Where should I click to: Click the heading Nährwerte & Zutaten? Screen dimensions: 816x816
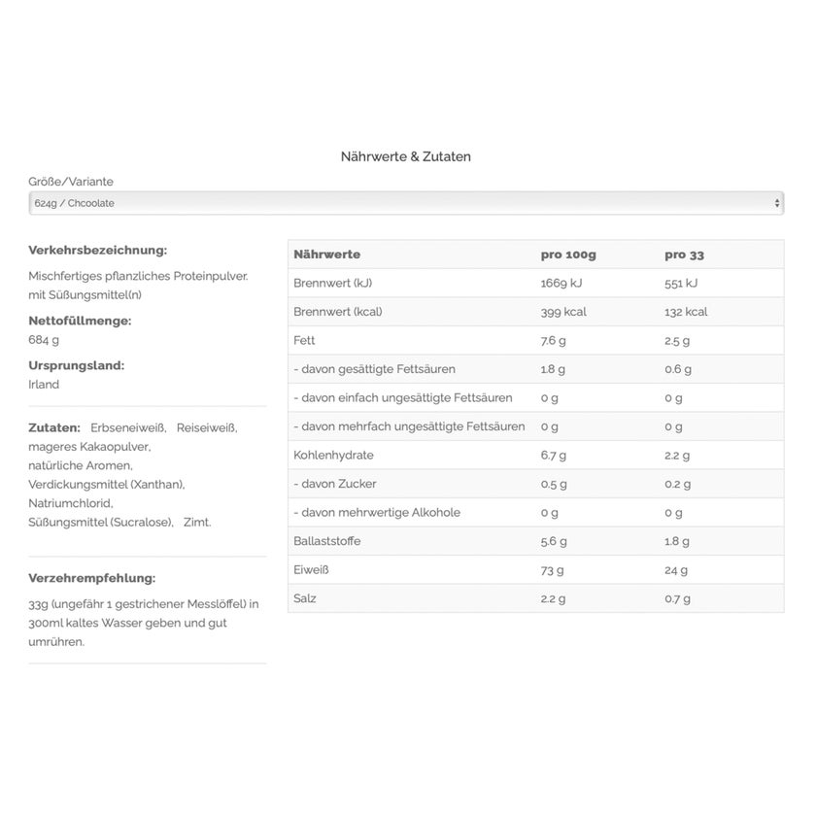click(406, 156)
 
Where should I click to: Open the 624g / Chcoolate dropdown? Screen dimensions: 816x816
click(406, 203)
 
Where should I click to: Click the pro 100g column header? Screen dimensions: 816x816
click(568, 255)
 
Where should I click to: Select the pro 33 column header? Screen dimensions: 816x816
click(684, 255)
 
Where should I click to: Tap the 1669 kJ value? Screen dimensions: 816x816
click(562, 284)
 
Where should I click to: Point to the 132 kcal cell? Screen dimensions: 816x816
click(686, 312)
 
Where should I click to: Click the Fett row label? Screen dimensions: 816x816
click(304, 341)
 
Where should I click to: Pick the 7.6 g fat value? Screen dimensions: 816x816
click(553, 341)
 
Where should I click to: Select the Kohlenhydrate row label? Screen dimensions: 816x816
click(333, 456)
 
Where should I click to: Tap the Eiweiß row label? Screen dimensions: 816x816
click(311, 570)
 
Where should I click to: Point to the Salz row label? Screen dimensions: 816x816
click(305, 598)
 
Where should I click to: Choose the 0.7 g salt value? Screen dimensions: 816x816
click(677, 598)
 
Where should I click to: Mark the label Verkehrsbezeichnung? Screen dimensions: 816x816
click(98, 250)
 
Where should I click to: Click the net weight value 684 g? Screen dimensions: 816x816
click(44, 340)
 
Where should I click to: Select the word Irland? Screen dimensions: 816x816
click(44, 385)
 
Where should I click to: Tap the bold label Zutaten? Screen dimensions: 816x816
click(54, 427)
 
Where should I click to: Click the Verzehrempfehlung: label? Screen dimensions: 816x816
click(92, 578)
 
